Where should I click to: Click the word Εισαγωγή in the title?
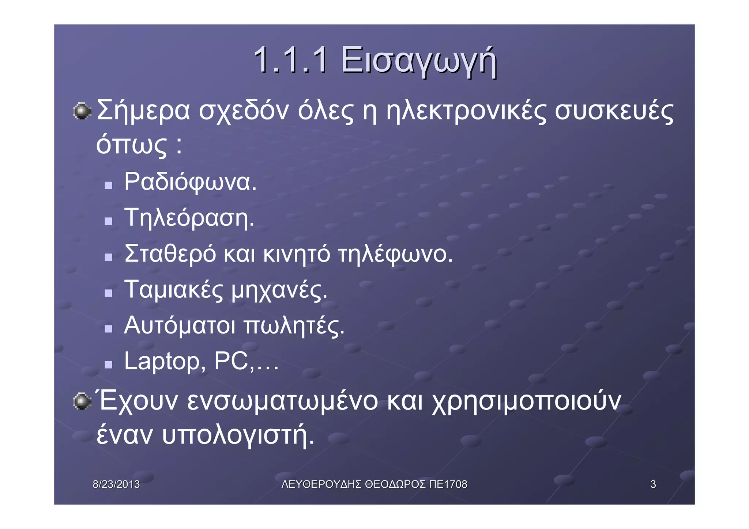419,61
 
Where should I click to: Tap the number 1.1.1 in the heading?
291,60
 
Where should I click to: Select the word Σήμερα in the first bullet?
143,110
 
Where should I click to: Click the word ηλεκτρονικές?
466,110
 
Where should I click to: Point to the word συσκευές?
614,110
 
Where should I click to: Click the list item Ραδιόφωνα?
190,182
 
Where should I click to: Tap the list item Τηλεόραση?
189,218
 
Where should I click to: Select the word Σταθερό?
170,254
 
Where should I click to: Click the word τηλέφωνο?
395,254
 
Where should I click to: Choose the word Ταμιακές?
173,290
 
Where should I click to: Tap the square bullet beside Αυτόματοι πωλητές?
108,329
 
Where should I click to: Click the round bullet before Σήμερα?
82,111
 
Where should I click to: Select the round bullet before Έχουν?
82,402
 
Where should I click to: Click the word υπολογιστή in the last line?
238,435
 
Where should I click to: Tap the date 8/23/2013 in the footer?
116,484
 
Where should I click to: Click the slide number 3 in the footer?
653,484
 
